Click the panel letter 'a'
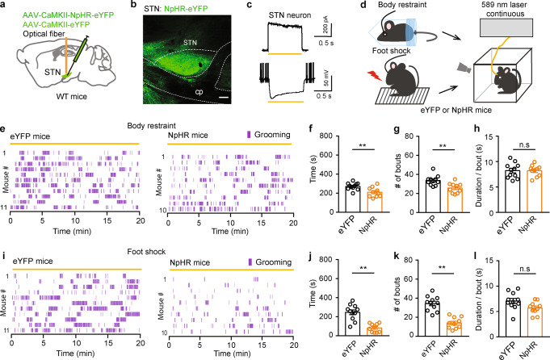[x=5, y=6]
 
